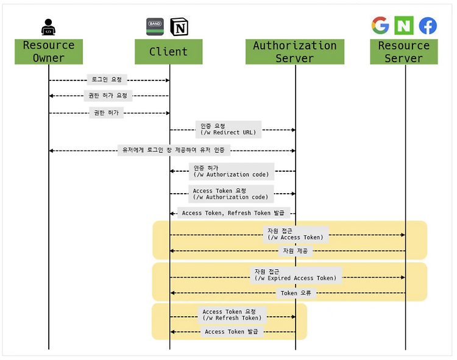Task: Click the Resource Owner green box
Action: pos(49,52)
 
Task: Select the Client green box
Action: pos(168,52)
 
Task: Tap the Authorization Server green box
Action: pos(295,52)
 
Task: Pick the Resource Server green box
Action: pos(403,52)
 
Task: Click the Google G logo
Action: pos(380,26)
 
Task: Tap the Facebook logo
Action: pos(428,26)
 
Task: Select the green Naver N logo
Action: pos(404,26)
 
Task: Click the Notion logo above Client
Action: pos(179,27)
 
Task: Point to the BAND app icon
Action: pos(155,27)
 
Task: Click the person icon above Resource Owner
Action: pos(48,27)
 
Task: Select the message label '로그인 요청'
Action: pos(107,80)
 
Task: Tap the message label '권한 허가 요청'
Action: pos(108,96)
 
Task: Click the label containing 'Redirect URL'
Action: pos(228,129)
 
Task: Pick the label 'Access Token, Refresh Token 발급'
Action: pos(233,213)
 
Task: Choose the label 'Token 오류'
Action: pos(296,293)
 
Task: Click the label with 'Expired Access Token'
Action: pos(296,275)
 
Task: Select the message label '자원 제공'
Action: pos(296,251)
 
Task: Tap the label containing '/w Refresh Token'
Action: pos(232,315)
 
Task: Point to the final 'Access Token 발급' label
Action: pos(232,331)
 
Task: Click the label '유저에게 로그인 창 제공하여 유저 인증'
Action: pos(174,150)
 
